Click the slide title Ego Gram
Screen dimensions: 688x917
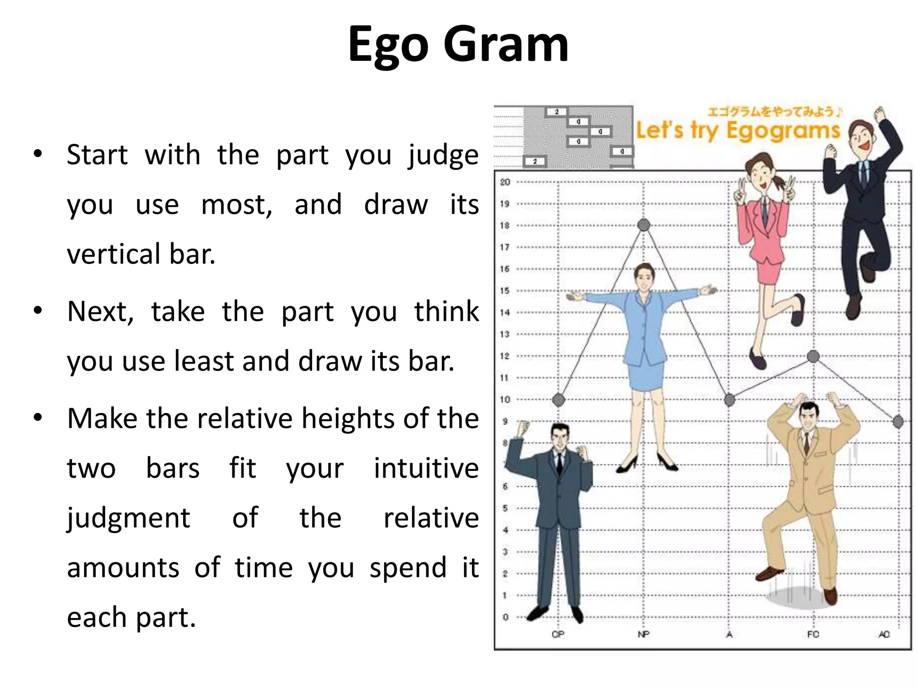pyautogui.click(x=458, y=45)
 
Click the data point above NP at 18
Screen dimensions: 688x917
pyautogui.click(x=643, y=225)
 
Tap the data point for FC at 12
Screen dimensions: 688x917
pyautogui.click(x=813, y=357)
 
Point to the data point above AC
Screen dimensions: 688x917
pyautogui.click(x=898, y=421)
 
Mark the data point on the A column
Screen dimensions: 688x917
pyautogui.click(x=729, y=400)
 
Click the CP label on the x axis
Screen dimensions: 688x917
pyautogui.click(x=558, y=634)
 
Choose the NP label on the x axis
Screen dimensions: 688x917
pyautogui.click(x=643, y=634)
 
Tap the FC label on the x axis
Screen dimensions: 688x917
pyautogui.click(x=813, y=634)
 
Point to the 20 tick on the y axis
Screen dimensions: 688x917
pyautogui.click(x=505, y=182)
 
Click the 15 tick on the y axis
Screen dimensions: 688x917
pyautogui.click(x=505, y=291)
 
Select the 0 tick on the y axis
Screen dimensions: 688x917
pyautogui.click(x=506, y=617)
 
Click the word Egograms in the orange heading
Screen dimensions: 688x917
pyautogui.click(x=783, y=131)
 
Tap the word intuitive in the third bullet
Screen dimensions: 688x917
pyautogui.click(x=426, y=468)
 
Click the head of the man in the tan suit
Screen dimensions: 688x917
pyautogui.click(x=808, y=416)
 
